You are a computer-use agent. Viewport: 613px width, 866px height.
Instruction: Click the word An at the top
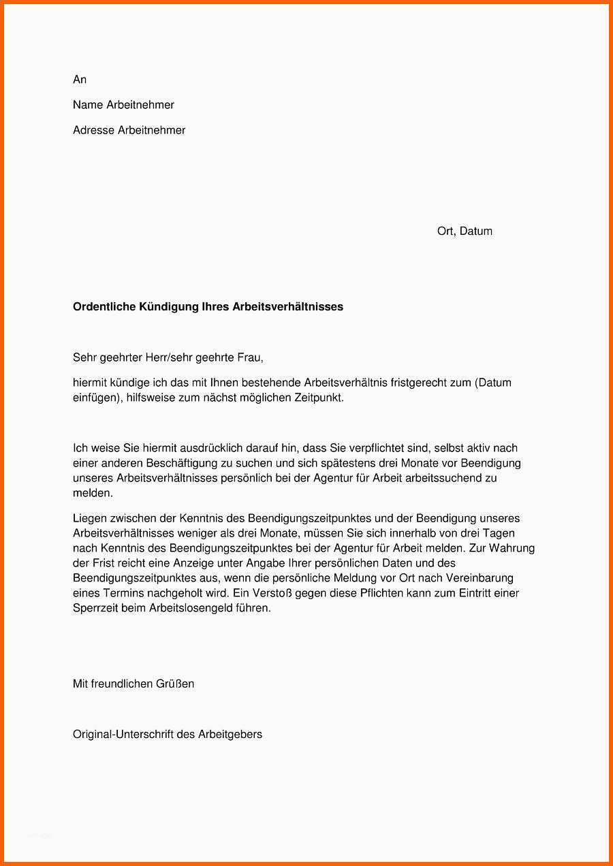80,80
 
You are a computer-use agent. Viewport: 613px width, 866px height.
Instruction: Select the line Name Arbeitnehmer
123,105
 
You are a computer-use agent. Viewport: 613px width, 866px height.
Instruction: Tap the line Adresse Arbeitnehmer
129,130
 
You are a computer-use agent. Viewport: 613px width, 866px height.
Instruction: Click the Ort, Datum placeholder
465,231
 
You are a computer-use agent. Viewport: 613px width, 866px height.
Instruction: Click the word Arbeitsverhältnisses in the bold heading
287,307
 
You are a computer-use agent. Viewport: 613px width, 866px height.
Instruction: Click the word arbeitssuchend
443,478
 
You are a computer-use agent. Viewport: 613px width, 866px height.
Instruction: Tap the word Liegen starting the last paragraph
89,519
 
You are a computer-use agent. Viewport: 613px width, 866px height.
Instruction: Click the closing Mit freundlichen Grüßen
133,684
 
